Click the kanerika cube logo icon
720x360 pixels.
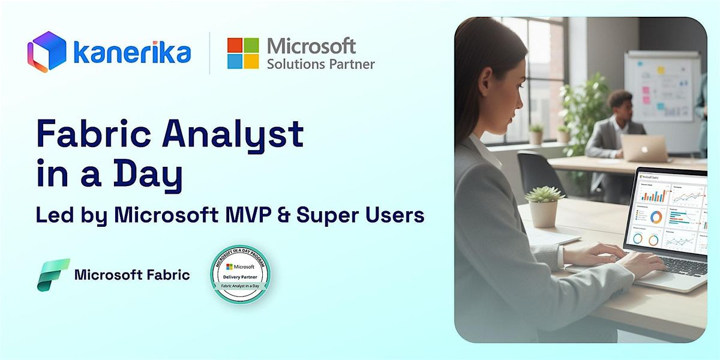[46, 52]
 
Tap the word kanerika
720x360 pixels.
[132, 53]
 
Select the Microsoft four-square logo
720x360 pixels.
[243, 53]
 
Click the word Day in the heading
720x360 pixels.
[152, 175]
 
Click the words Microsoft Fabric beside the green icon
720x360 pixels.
[132, 275]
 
